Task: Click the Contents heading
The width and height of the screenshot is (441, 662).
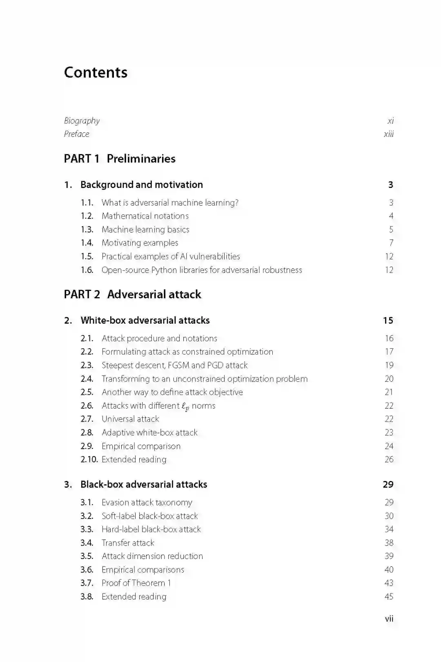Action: (x=96, y=72)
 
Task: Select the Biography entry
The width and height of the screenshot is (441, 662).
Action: (x=82, y=121)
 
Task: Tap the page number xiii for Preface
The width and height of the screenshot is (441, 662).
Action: (x=388, y=134)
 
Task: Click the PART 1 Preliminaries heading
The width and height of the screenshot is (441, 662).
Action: (x=120, y=159)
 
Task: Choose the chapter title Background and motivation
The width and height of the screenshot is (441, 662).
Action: (x=141, y=185)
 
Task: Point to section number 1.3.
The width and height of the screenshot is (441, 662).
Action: (x=87, y=230)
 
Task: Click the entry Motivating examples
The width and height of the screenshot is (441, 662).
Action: (x=140, y=243)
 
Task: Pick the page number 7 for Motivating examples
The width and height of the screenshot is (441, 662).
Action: (x=391, y=243)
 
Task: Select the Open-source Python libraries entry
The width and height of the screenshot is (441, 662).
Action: (x=202, y=270)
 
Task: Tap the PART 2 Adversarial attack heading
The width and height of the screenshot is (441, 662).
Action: (x=132, y=294)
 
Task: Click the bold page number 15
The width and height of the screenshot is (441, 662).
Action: (x=388, y=320)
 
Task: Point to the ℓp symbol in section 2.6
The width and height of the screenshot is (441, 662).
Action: (x=185, y=406)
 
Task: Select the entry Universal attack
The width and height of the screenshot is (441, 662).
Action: (x=130, y=419)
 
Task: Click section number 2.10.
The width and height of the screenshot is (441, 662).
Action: (x=89, y=459)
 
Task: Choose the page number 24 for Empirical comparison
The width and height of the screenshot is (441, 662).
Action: (x=389, y=446)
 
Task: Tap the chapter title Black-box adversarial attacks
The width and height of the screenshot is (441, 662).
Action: (x=144, y=484)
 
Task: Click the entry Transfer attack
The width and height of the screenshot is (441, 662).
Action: (x=128, y=543)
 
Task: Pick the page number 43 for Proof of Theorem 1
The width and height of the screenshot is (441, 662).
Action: (x=389, y=583)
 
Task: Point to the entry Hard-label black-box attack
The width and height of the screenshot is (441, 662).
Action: (x=151, y=529)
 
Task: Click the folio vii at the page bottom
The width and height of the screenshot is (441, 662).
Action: (x=389, y=619)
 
